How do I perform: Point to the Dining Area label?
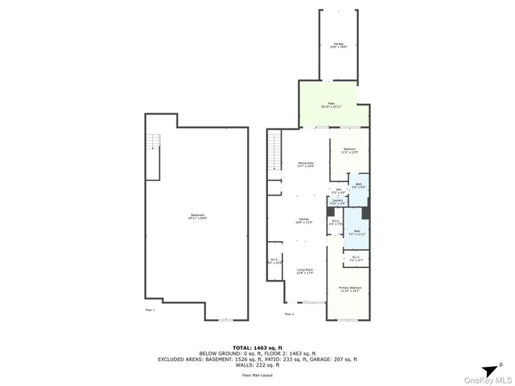(305, 164)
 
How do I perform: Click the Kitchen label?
(304, 220)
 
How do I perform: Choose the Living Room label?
(304, 271)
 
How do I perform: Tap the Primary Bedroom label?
(350, 289)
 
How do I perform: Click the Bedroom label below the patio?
(349, 151)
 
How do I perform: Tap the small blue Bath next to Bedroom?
(359, 186)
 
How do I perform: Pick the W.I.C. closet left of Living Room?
(274, 261)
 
